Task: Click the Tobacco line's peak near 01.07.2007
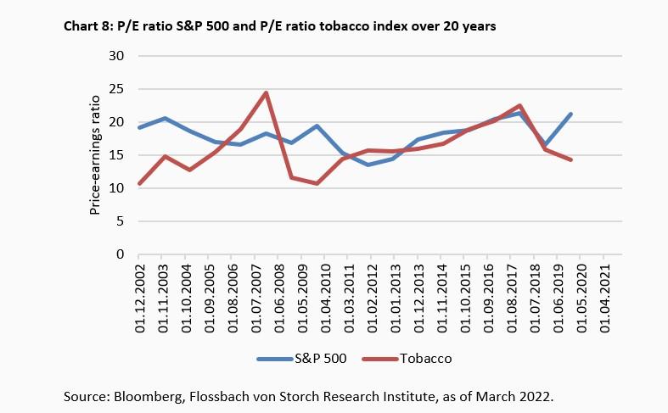pyautogui.click(x=266, y=93)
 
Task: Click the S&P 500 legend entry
pyautogui.click(x=316, y=359)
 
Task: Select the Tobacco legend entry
pyautogui.click(x=420, y=359)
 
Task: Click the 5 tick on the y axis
pyautogui.click(x=120, y=221)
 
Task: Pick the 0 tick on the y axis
pyautogui.click(x=120, y=254)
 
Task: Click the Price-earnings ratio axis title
pyautogui.click(x=96, y=156)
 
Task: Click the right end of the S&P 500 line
pyautogui.click(x=571, y=114)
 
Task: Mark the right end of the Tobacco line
pyautogui.click(x=571, y=159)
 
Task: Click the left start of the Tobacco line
pyautogui.click(x=139, y=183)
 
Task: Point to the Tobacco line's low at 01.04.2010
pyautogui.click(x=316, y=183)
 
